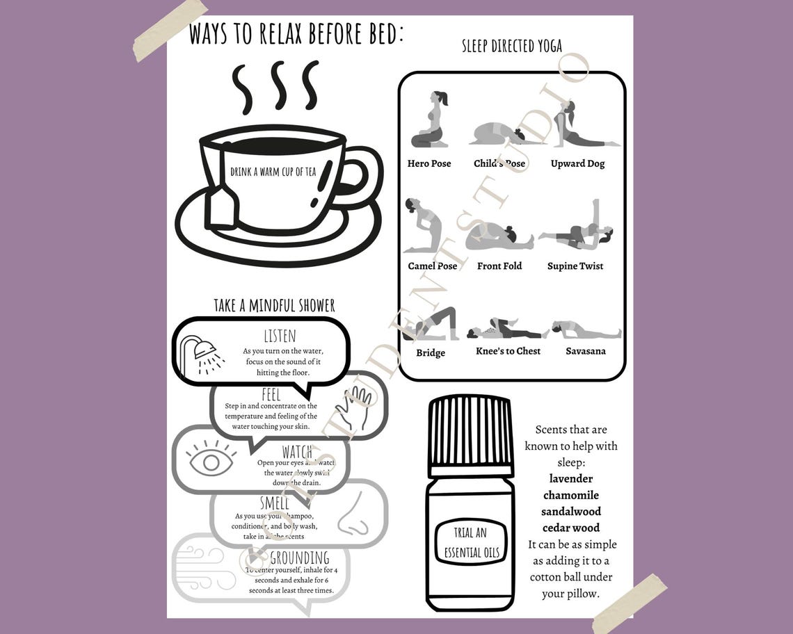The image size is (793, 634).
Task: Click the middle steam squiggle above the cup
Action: (x=278, y=86)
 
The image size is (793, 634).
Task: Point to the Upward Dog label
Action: (x=577, y=164)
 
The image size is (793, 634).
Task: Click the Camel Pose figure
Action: (x=423, y=226)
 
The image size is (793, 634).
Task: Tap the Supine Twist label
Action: (x=575, y=266)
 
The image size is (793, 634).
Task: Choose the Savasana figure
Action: (x=586, y=330)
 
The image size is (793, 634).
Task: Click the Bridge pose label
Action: (x=431, y=353)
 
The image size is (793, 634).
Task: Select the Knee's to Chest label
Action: (x=508, y=351)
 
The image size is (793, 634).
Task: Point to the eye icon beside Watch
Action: (x=211, y=461)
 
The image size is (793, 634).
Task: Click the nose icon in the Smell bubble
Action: (x=355, y=514)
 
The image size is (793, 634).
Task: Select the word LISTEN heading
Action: (x=280, y=336)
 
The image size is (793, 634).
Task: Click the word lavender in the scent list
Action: (x=571, y=478)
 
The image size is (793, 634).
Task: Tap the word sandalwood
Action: (x=571, y=512)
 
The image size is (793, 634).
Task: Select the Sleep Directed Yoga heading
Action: (x=512, y=47)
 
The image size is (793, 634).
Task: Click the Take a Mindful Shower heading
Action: (x=274, y=305)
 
